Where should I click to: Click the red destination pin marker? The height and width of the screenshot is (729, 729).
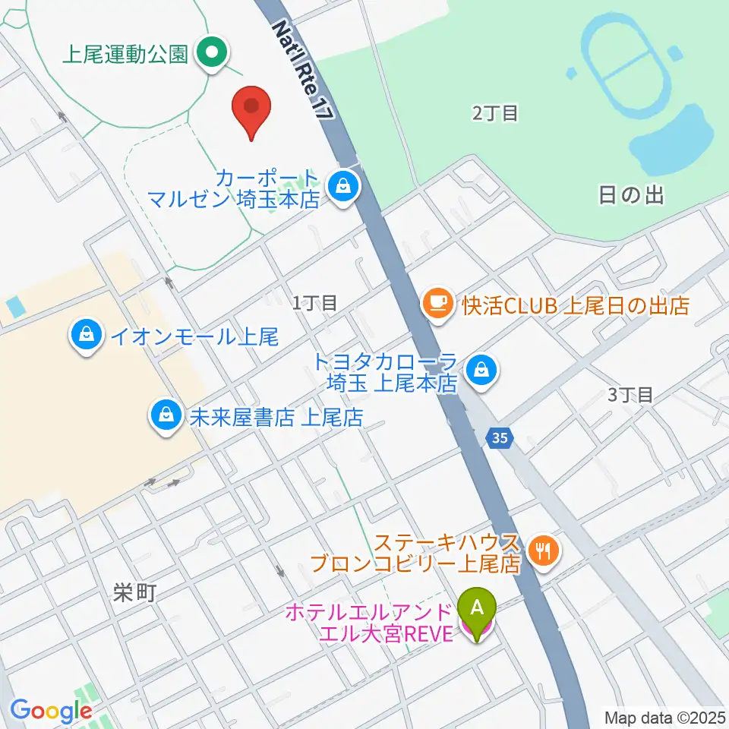click(251, 111)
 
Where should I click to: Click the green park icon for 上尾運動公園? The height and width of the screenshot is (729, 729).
click(212, 53)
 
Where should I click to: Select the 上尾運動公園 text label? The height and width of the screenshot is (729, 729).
click(125, 55)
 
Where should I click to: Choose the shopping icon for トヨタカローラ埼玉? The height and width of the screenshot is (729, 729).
click(481, 371)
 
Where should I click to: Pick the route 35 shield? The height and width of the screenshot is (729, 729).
click(497, 438)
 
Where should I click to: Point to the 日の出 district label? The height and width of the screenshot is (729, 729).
click(631, 195)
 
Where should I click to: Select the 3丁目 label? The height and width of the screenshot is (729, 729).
click(630, 394)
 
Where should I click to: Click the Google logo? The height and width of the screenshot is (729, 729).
click(51, 711)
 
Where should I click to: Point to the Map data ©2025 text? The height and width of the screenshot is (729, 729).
click(665, 717)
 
